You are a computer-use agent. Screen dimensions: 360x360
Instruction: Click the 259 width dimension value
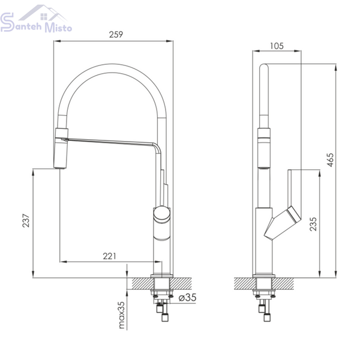[x=116, y=34]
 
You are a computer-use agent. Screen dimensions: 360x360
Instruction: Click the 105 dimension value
[x=277, y=46]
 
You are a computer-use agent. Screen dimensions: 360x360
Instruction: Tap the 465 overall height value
[x=329, y=160]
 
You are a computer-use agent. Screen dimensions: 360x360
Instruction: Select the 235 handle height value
[x=313, y=224]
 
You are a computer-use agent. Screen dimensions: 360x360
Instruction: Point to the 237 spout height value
[x=26, y=220]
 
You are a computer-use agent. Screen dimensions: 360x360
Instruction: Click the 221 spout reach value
[x=110, y=256]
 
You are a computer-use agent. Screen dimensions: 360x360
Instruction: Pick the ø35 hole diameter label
[x=188, y=298]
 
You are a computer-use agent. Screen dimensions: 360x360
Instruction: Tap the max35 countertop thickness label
[x=121, y=315]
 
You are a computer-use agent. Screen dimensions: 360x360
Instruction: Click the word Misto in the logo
[x=58, y=27]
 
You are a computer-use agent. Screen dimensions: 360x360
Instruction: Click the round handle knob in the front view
[x=161, y=214]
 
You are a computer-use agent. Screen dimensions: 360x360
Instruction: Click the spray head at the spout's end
[x=61, y=149]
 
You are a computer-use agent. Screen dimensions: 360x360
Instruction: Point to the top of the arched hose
[x=112, y=68]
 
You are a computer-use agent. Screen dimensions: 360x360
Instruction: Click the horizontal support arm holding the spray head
[x=110, y=142]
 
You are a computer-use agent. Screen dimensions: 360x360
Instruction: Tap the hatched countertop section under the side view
[x=264, y=284]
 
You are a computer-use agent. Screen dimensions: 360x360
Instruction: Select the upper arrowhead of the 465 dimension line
[x=335, y=67]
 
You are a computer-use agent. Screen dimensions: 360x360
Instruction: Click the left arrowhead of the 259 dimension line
[x=57, y=41]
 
